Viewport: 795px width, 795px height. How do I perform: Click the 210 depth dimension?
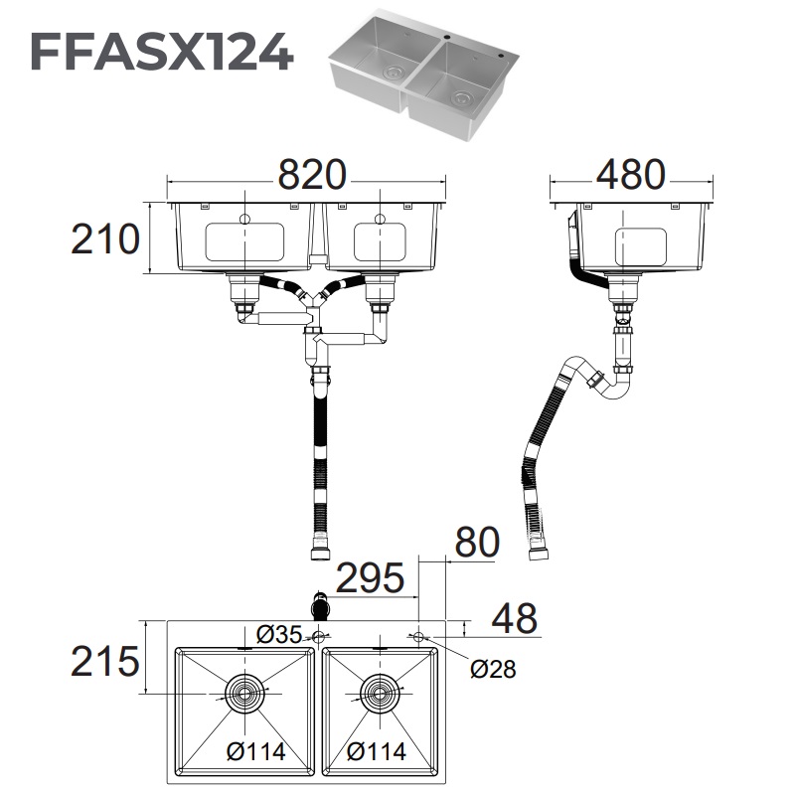point(104,238)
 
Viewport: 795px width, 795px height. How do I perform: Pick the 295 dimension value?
point(370,577)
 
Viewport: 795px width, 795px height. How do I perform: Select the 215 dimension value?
point(105,659)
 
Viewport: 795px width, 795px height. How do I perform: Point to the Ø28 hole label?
point(493,669)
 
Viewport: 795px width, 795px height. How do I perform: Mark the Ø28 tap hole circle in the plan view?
point(418,634)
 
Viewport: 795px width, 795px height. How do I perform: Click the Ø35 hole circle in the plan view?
point(319,634)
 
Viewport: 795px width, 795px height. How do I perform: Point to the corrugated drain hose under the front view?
point(321,457)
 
